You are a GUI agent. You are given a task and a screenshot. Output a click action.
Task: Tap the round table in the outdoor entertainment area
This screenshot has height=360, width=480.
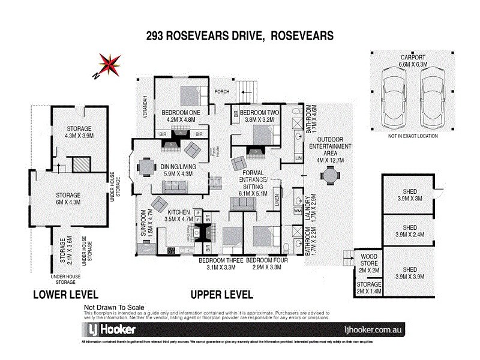tap(329, 176)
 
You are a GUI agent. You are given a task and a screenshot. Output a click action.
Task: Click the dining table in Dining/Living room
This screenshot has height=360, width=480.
tap(147, 166)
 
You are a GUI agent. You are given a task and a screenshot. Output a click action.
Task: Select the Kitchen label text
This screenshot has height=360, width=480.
tap(179, 212)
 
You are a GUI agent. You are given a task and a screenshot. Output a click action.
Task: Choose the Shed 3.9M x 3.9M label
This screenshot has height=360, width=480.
tap(410, 263)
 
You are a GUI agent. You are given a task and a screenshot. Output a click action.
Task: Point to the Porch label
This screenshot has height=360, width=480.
tap(223, 91)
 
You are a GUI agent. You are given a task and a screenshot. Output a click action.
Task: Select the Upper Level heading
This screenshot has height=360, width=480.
tap(221, 295)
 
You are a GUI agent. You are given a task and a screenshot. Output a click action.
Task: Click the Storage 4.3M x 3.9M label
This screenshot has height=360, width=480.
tap(79, 132)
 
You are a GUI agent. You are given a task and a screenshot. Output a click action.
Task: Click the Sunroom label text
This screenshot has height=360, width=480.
tap(143, 223)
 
